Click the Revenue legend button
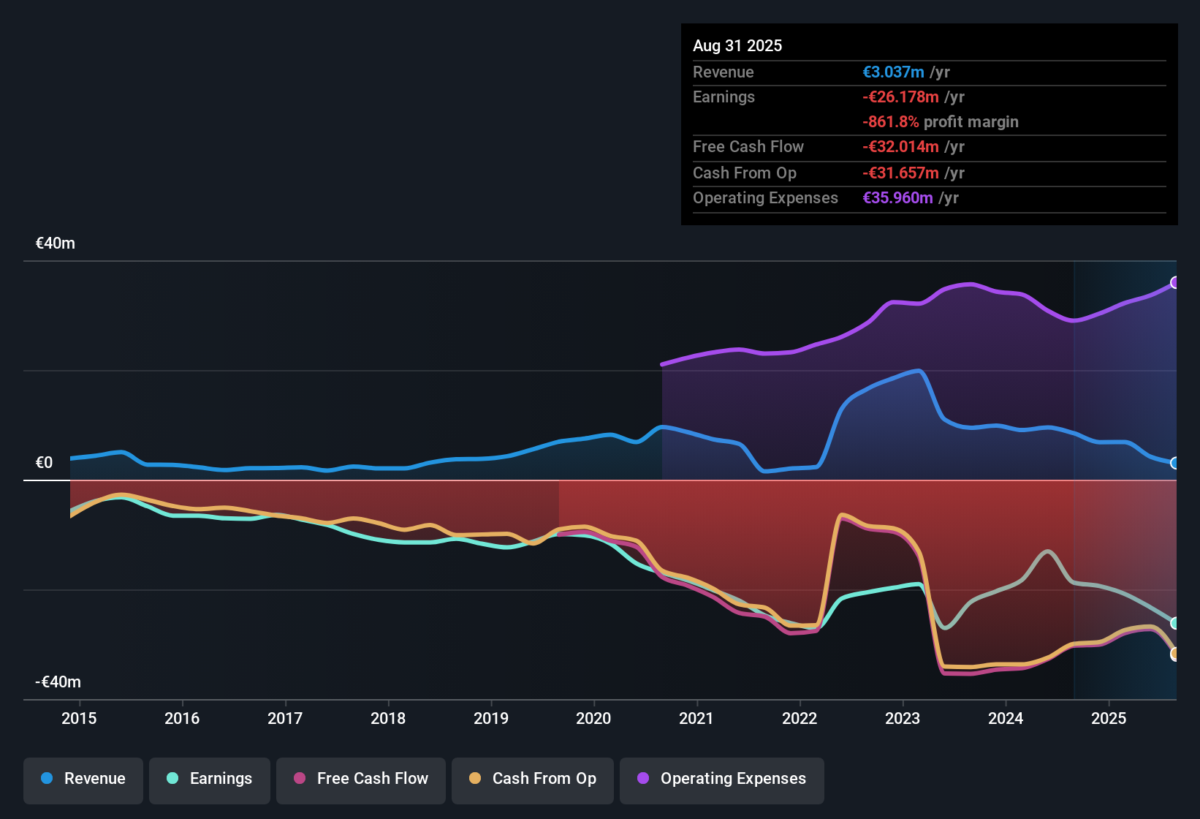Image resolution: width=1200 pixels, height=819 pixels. pyautogui.click(x=83, y=779)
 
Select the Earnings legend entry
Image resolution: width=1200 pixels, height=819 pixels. pyautogui.click(x=210, y=779)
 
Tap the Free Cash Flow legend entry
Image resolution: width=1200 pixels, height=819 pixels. pyautogui.click(x=361, y=779)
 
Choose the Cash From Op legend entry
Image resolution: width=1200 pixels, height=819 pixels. pyautogui.click(x=533, y=779)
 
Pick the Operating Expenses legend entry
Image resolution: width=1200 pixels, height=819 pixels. pyautogui.click(x=722, y=779)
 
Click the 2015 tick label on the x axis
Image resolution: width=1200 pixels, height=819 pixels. pyautogui.click(x=79, y=719)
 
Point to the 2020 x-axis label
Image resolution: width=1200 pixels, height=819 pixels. pyautogui.click(x=593, y=719)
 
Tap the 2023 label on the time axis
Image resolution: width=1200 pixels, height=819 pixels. pyautogui.click(x=903, y=719)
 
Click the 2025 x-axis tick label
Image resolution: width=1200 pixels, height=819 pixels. pyautogui.click(x=1109, y=719)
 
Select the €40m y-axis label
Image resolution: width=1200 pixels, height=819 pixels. pyautogui.click(x=56, y=244)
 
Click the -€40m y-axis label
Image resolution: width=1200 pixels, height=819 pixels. pyautogui.click(x=58, y=682)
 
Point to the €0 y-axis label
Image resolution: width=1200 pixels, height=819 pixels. pyautogui.click(x=45, y=463)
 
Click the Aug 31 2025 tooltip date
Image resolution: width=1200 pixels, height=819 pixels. pyautogui.click(x=737, y=46)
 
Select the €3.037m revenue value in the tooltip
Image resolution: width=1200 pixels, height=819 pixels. pyautogui.click(x=893, y=72)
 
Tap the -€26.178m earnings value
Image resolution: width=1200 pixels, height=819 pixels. pyautogui.click(x=900, y=97)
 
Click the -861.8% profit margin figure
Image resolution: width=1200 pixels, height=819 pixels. pyautogui.click(x=890, y=122)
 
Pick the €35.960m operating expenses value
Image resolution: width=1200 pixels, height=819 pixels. pyautogui.click(x=897, y=198)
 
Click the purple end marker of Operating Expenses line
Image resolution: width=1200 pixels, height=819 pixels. pyautogui.click(x=1175, y=283)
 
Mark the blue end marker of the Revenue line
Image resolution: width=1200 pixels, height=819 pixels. pyautogui.click(x=1175, y=463)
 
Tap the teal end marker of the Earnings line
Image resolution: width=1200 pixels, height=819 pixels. pyautogui.click(x=1175, y=623)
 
